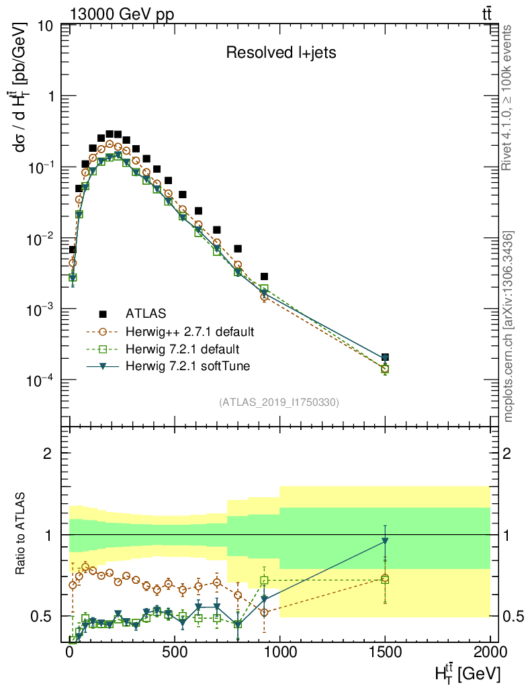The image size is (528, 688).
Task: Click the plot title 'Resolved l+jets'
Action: pyautogui.click(x=280, y=53)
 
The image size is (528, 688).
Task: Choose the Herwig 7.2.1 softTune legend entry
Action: pyautogui.click(x=182, y=366)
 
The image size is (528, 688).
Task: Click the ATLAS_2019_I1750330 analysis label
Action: pyautogui.click(x=279, y=402)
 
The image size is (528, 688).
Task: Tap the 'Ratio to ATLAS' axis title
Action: pyautogui.click(x=22, y=535)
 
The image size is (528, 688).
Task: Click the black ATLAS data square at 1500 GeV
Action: pyautogui.click(x=385, y=357)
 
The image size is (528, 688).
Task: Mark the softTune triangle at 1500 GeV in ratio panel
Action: pyautogui.click(x=385, y=540)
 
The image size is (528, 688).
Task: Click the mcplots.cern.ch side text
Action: pyautogui.click(x=509, y=327)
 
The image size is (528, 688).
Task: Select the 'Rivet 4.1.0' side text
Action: pyautogui.click(x=509, y=97)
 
